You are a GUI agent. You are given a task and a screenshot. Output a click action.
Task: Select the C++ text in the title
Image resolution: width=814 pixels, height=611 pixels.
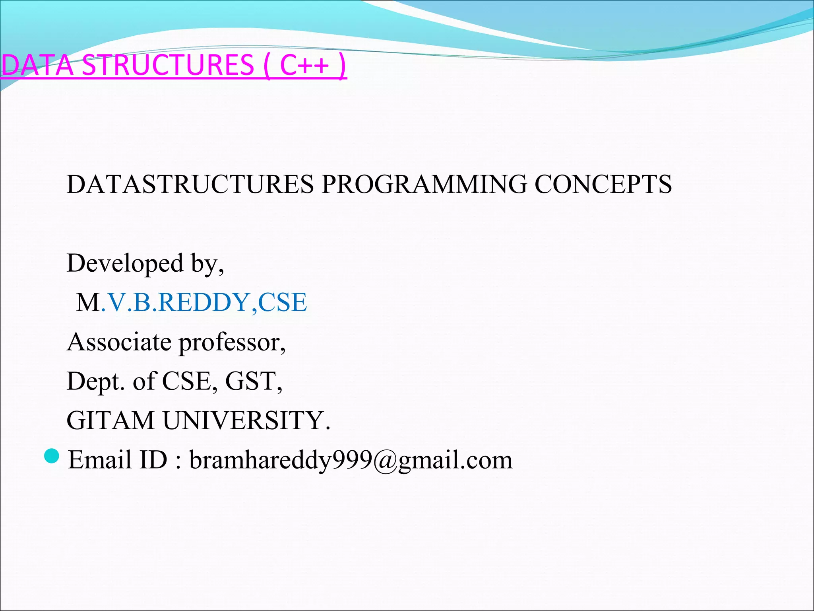tap(304, 65)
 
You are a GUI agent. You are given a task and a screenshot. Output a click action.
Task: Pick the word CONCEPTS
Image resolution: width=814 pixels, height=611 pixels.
tap(603, 184)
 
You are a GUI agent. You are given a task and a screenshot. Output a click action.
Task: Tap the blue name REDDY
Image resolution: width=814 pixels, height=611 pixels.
tap(203, 302)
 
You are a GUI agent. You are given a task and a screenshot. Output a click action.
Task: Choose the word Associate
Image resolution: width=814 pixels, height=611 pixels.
tap(119, 342)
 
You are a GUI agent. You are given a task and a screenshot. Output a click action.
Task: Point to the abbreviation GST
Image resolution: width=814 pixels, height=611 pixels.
tap(251, 381)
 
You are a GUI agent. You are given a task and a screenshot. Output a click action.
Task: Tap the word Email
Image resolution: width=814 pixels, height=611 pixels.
tap(100, 460)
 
